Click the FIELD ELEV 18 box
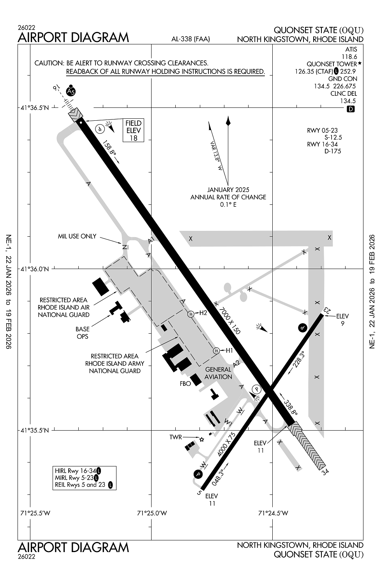click(133, 130)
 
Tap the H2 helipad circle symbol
click(191, 314)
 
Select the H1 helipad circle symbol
click(216, 351)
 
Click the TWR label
click(176, 437)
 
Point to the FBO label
click(185, 383)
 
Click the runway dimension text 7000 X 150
click(229, 320)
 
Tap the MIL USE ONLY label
click(77, 236)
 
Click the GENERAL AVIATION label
click(218, 373)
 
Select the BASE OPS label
click(83, 333)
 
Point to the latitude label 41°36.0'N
click(35, 269)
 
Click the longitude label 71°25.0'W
click(152, 513)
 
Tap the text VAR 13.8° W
click(215, 156)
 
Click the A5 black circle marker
click(71, 91)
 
